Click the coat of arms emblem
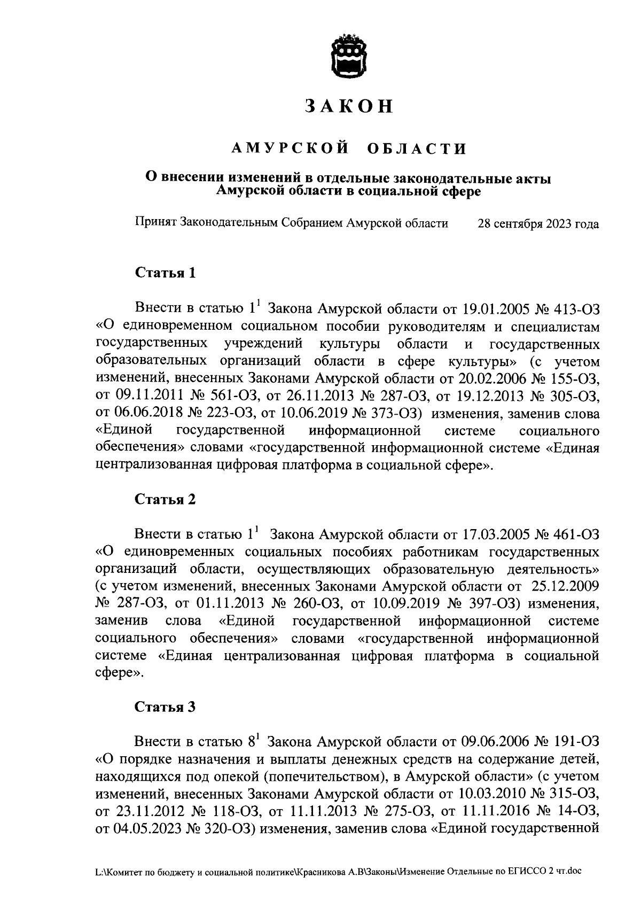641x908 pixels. pos(349,56)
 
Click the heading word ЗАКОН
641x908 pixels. pos(349,106)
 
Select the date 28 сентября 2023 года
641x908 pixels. pos(538,224)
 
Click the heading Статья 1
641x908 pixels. pos(165,274)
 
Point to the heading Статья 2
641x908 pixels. pos(165,499)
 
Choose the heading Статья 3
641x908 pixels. pos(165,707)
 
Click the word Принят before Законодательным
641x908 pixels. pos(156,223)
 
